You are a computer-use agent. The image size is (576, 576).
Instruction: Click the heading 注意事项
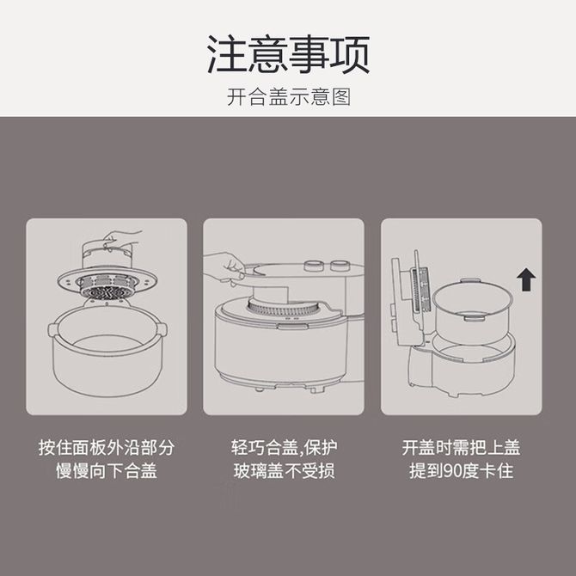pos(288,55)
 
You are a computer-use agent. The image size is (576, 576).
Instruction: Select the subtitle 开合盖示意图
pos(288,97)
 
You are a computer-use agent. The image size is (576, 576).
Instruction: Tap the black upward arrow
pos(526,279)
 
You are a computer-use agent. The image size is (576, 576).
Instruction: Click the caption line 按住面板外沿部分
pos(107,447)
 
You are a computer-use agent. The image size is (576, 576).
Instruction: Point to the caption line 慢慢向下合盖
pos(107,470)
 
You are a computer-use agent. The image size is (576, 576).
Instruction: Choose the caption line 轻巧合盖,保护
pos(284,447)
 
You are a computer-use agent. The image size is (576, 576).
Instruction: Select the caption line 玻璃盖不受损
pos(284,470)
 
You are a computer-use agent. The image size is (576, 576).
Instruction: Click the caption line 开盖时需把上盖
pos(461,447)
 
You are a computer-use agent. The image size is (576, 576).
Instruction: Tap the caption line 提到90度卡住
pos(461,470)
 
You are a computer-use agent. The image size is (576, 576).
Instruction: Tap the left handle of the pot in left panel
pos(53,329)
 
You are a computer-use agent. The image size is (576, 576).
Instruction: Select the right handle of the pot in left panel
pos(162,328)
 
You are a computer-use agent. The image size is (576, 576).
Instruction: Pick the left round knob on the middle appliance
pos(314,266)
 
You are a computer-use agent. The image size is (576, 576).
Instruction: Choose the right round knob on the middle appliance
pos(340,266)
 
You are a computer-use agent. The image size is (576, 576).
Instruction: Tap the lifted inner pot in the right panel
pos(472,310)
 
